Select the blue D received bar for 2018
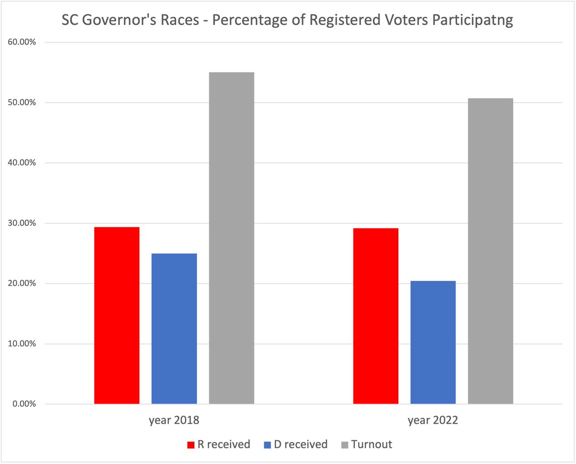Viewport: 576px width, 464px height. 174,329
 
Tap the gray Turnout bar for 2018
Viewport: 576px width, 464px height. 231,238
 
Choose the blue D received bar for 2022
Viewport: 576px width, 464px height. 433,342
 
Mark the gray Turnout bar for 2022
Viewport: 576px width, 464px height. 490,251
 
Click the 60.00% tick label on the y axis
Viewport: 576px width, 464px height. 23,42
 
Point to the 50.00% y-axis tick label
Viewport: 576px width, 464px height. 23,103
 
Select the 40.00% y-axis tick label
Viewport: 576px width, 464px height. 23,163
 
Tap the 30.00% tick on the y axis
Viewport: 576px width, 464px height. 23,223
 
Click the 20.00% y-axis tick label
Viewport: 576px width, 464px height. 23,284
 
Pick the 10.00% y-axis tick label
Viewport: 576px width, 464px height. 23,344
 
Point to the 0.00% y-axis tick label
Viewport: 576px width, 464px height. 24,404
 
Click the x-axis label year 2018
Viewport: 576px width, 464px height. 174,421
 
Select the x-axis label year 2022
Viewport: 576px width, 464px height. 433,421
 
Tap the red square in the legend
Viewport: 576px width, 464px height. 191,445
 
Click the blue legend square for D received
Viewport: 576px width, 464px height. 268,445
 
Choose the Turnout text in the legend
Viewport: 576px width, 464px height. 371,444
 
